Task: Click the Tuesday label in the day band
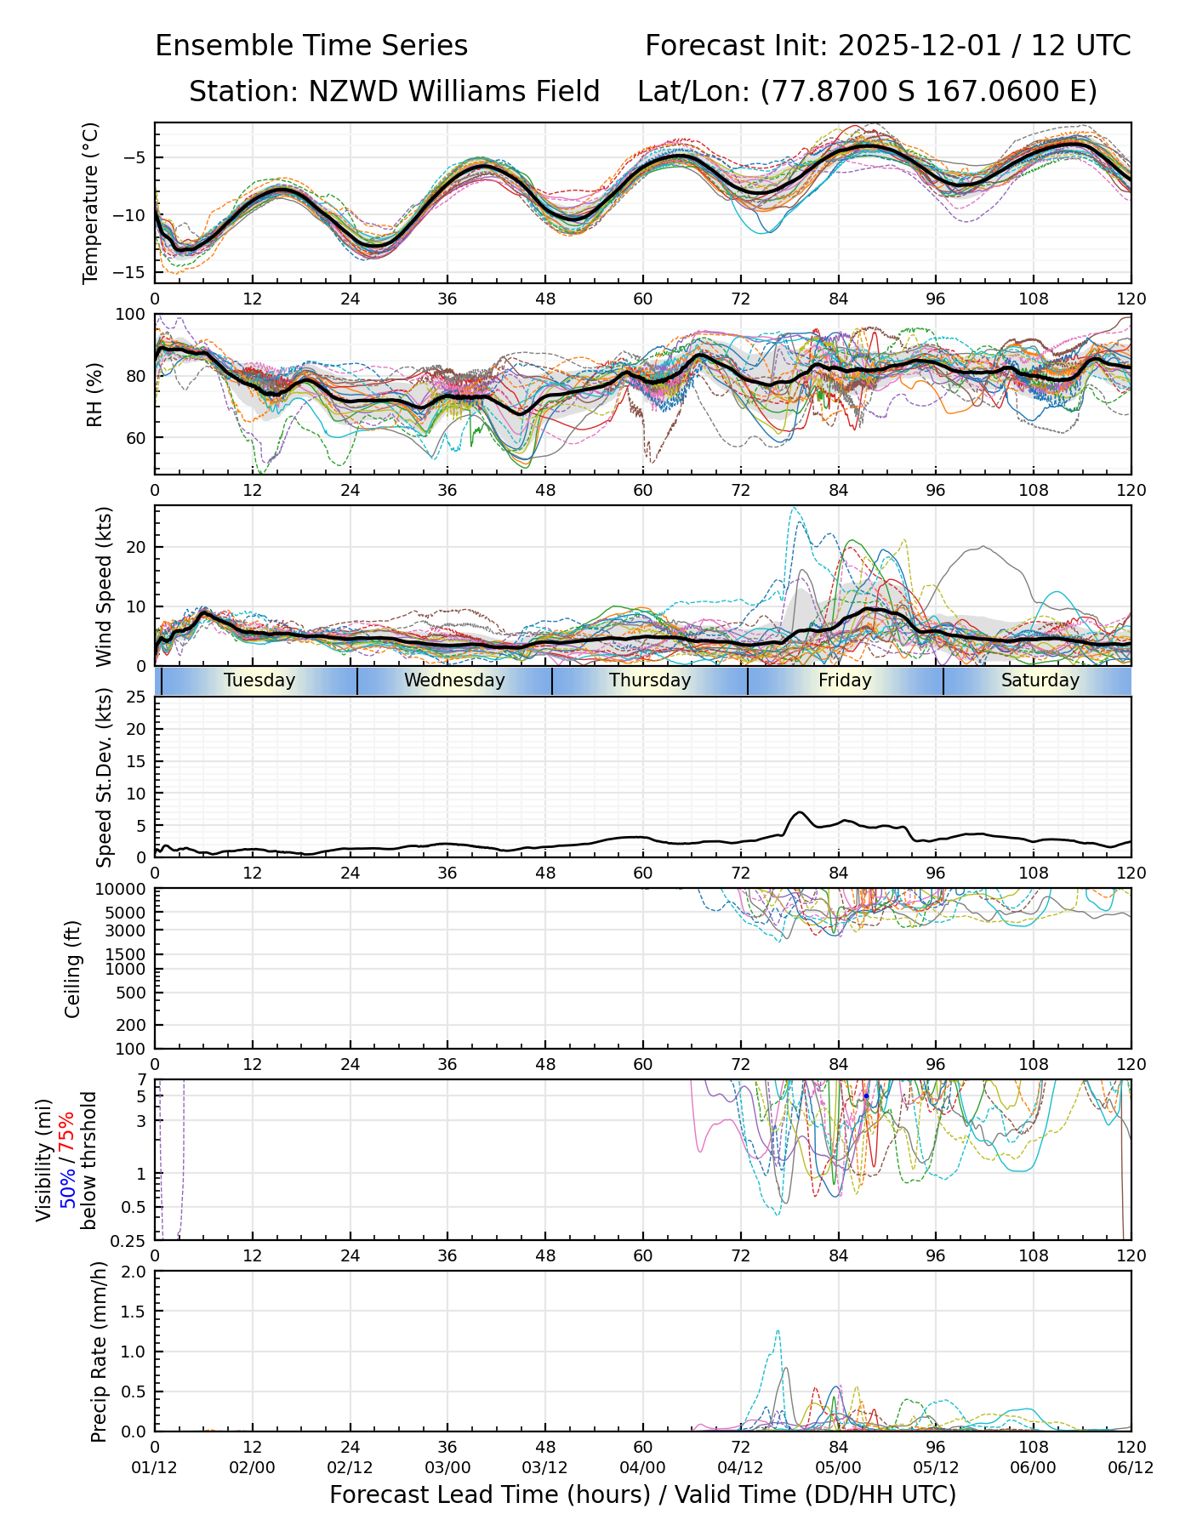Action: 259,680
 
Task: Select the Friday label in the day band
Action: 845,680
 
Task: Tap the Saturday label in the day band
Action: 1040,680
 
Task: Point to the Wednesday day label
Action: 454,680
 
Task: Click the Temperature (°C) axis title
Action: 91,202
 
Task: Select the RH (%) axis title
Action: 94,394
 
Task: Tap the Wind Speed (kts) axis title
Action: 104,586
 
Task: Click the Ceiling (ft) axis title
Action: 73,969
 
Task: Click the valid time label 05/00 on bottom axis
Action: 838,1467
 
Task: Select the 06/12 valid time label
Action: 1131,1467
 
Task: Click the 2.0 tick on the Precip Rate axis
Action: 134,1272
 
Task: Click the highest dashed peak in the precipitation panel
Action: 778,1331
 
